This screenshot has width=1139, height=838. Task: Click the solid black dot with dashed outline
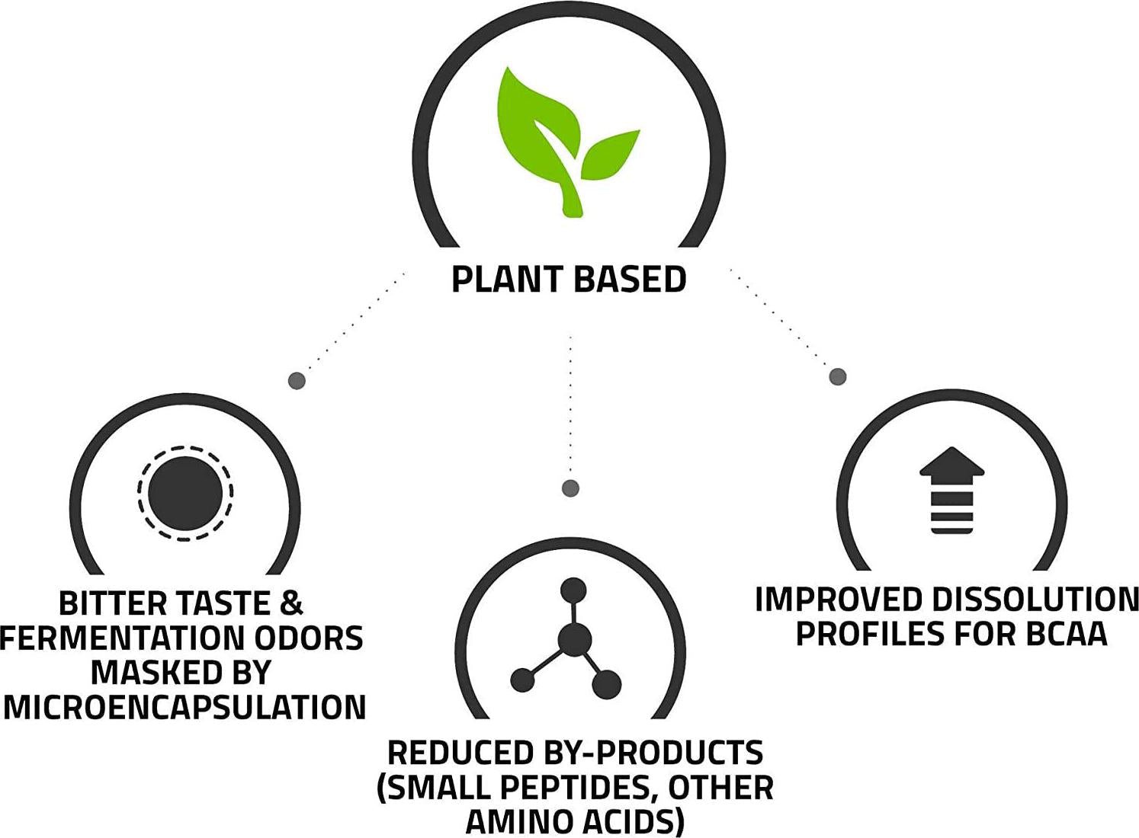[x=185, y=493]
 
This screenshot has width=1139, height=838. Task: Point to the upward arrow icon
[x=951, y=489]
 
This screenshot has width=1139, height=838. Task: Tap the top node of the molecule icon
[x=573, y=590]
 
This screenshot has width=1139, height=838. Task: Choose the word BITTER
[x=112, y=604]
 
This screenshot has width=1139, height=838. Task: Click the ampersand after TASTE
[x=291, y=604]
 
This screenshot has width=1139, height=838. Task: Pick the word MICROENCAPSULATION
[x=184, y=708]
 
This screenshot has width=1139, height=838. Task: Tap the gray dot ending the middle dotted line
[x=570, y=488]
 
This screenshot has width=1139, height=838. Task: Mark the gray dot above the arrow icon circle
[x=838, y=376]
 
